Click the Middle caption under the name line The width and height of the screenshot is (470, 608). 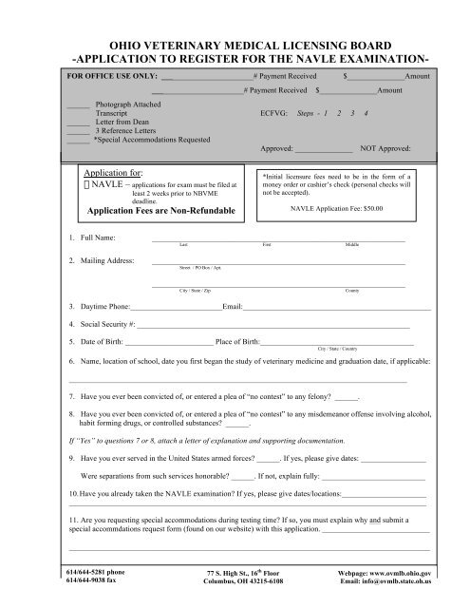(351, 244)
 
